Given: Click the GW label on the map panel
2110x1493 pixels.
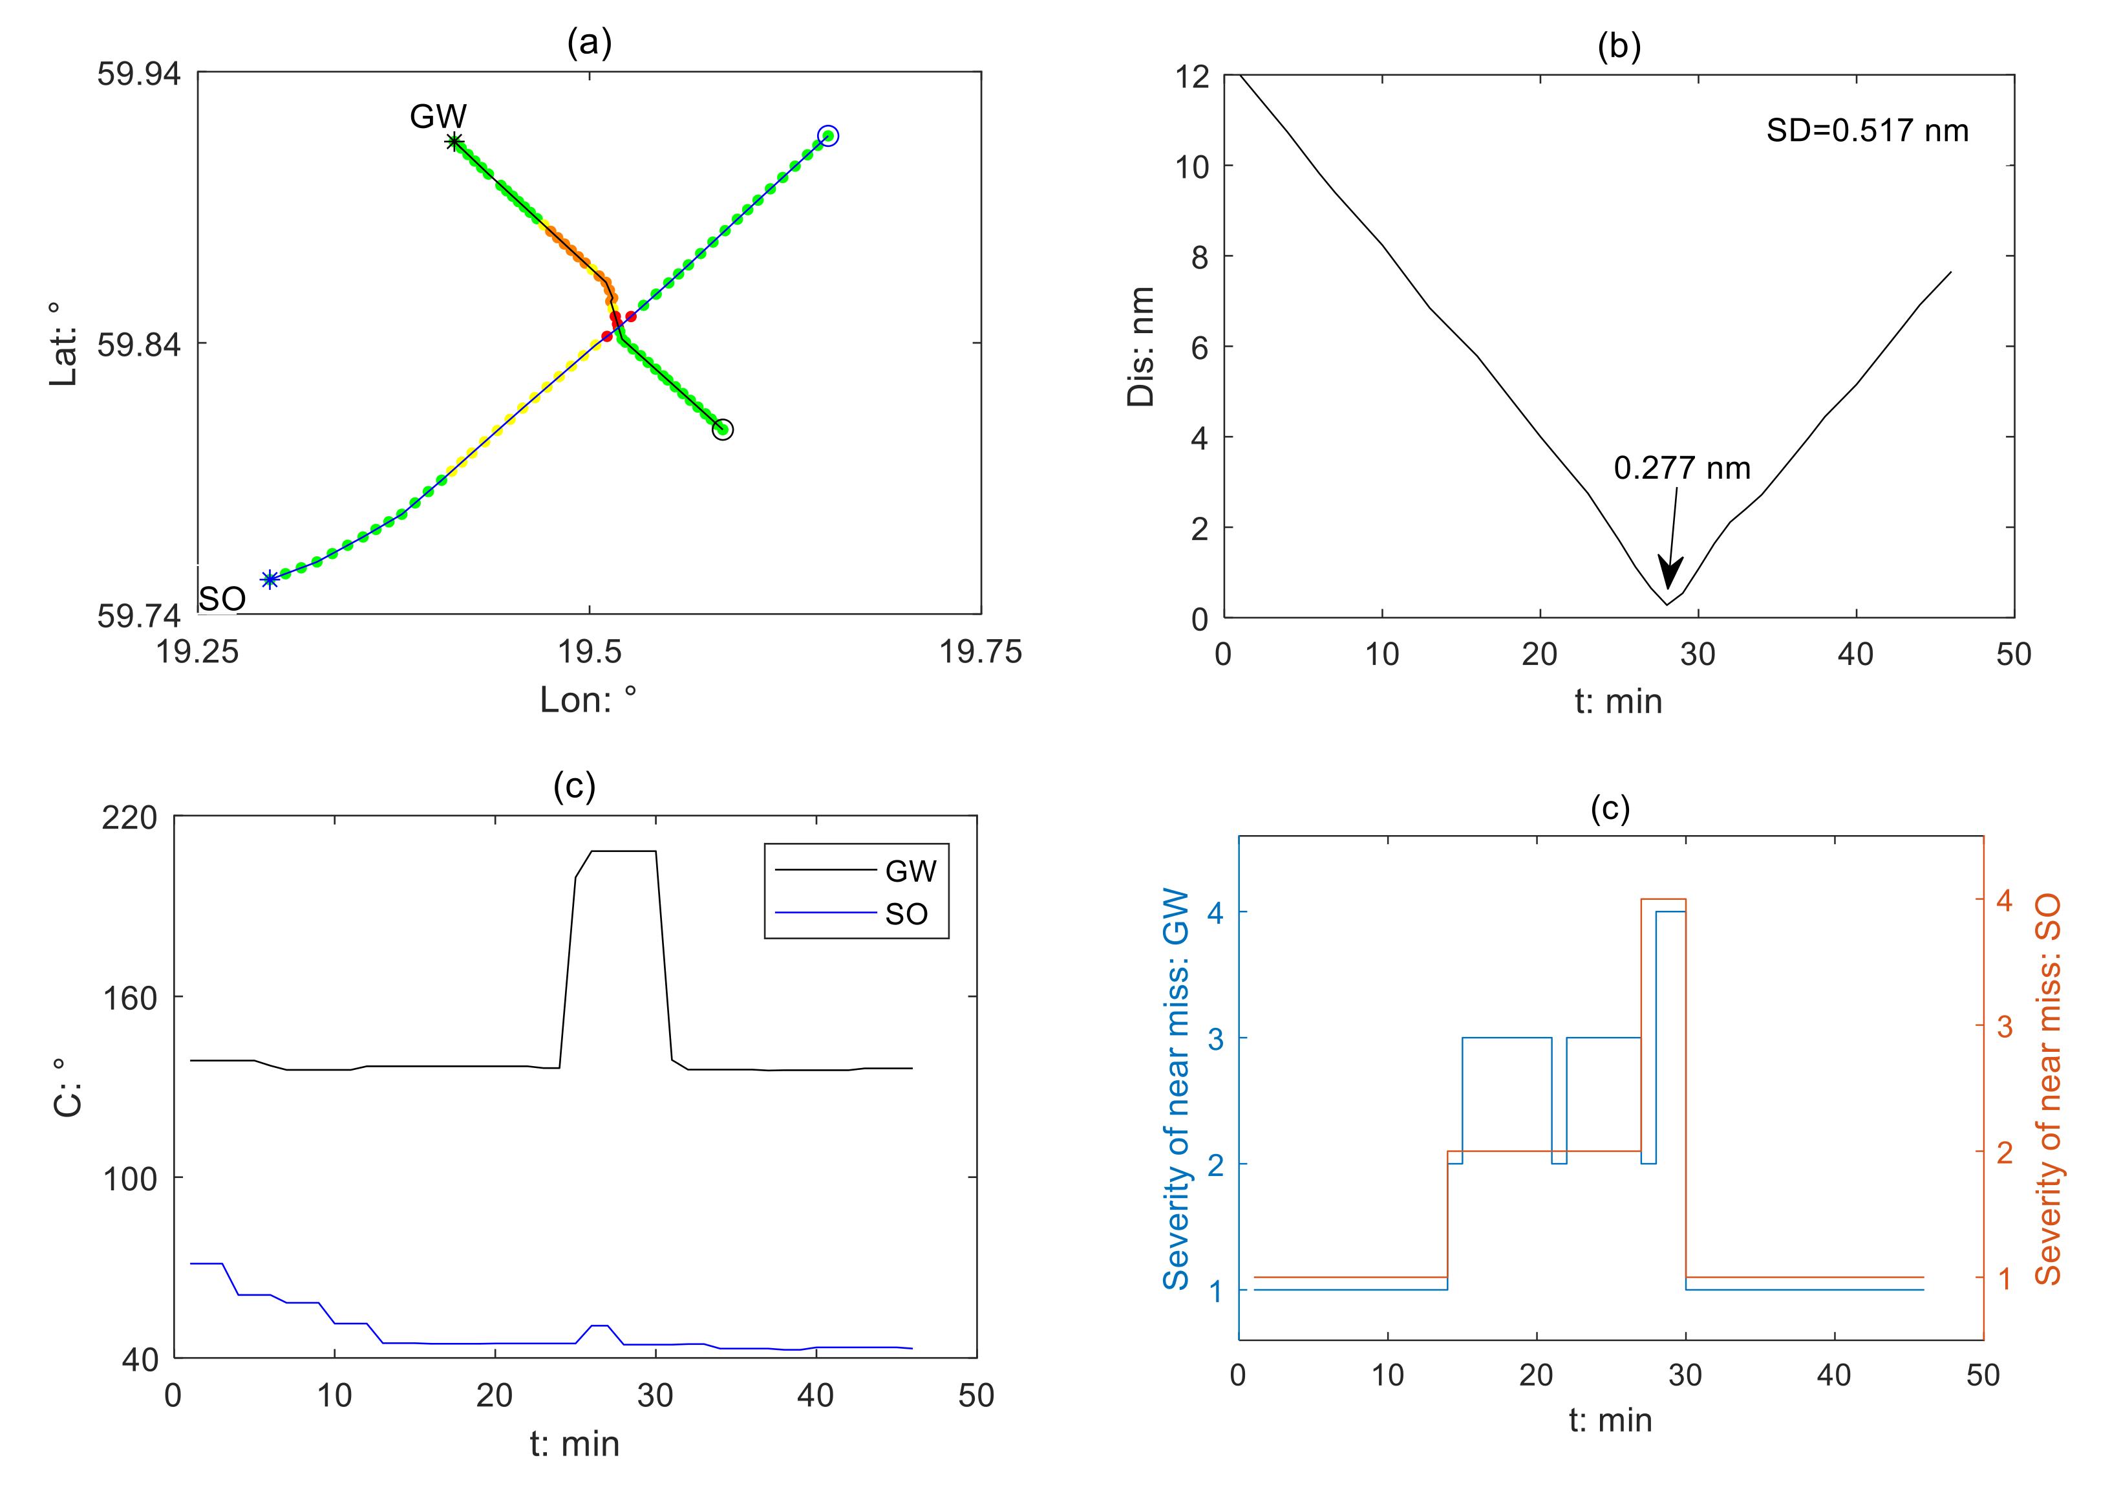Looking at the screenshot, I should (x=438, y=116).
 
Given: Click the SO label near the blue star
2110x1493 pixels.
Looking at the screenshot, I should (x=222, y=600).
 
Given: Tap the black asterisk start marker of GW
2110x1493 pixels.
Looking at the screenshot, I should (x=454, y=142).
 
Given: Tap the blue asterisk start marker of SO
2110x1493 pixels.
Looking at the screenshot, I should (x=270, y=579).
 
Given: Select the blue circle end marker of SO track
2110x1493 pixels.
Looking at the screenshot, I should (x=828, y=136).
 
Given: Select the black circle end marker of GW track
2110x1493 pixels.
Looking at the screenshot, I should (x=723, y=430).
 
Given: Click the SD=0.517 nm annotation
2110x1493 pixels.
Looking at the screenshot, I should (x=1866, y=131).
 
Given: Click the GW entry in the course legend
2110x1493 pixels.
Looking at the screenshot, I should (x=910, y=871).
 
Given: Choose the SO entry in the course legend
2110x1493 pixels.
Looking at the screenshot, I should (x=906, y=914).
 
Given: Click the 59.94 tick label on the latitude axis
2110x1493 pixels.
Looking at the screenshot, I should (x=139, y=74).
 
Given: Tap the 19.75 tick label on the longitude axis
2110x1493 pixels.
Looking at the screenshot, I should (x=979, y=652).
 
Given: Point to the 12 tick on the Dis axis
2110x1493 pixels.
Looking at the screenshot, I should (x=1192, y=76).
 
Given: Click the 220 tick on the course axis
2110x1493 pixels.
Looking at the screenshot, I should (x=129, y=817).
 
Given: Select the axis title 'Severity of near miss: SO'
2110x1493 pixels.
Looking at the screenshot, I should (x=2047, y=1089).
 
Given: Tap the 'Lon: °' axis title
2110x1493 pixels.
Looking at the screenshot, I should (x=588, y=701).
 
